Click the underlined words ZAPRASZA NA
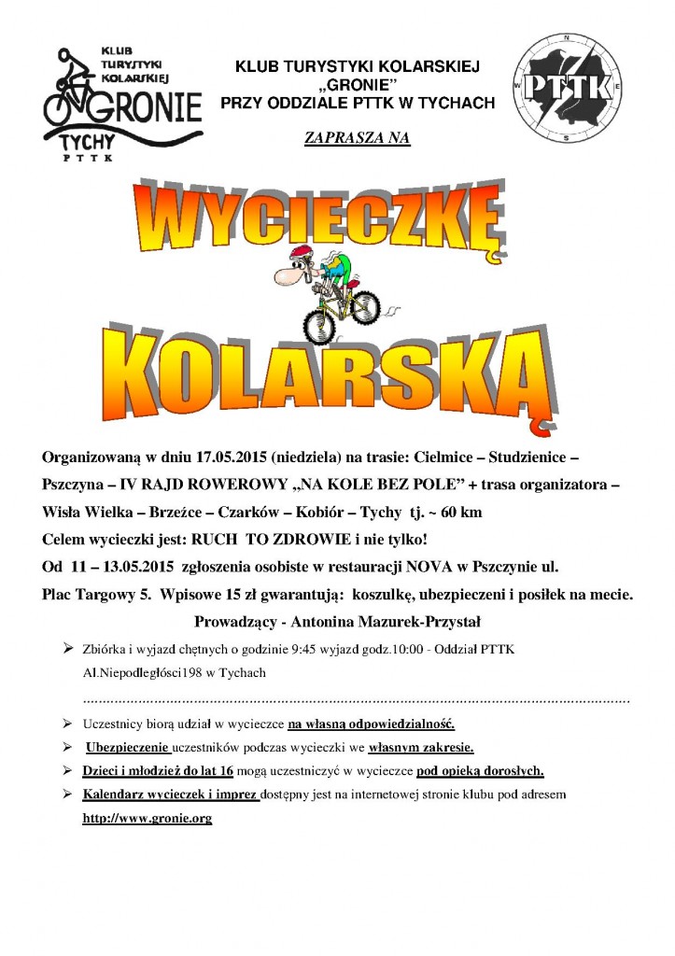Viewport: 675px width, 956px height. [x=357, y=138]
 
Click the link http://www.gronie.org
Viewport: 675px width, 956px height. [x=148, y=818]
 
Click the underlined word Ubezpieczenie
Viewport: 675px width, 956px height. [x=127, y=748]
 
